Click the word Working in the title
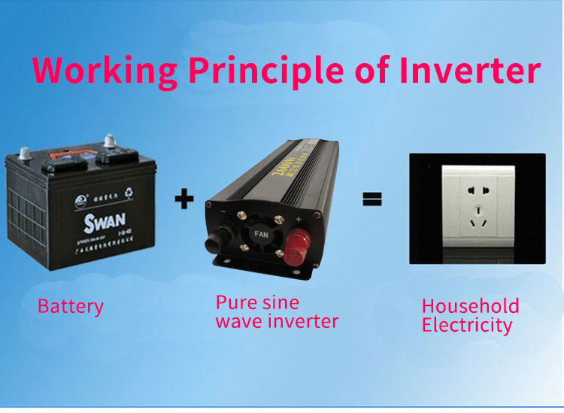[104, 69]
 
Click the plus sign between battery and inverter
[184, 199]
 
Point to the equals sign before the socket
[372, 199]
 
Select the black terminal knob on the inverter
[218, 238]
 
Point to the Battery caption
[71, 307]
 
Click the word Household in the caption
[470, 306]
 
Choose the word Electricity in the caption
[467, 326]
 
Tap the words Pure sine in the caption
[257, 302]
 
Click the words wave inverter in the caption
[277, 321]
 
